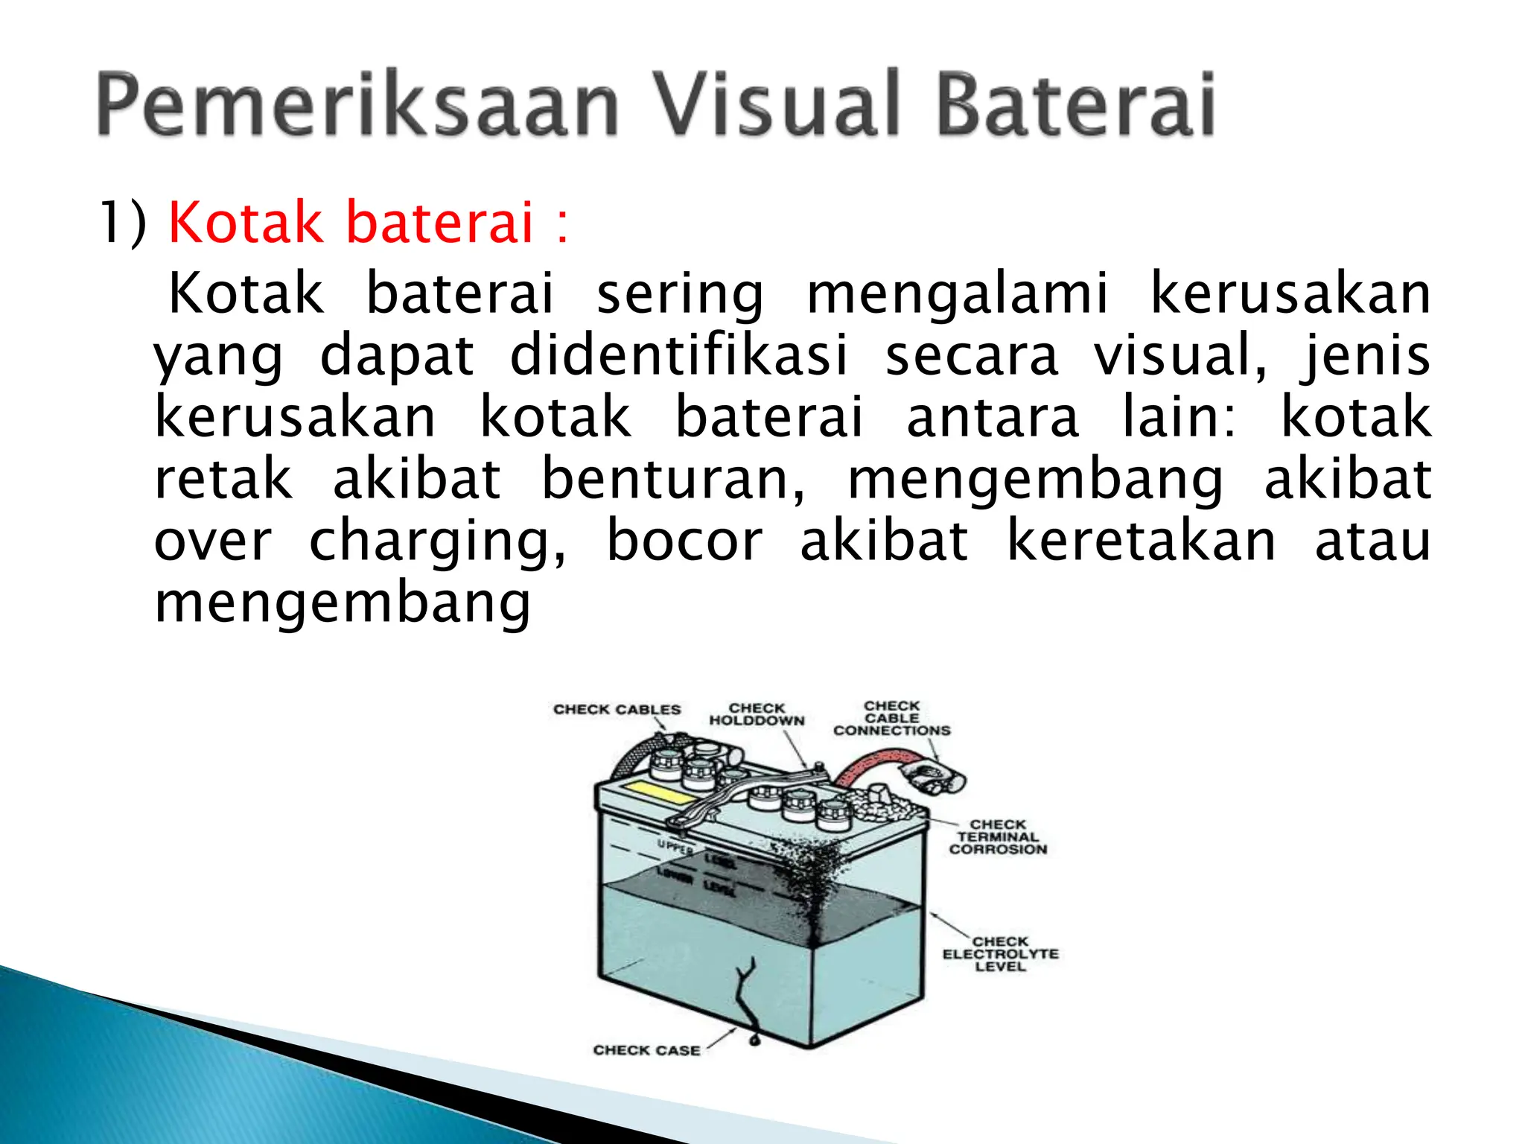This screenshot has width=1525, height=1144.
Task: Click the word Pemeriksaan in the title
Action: (357, 104)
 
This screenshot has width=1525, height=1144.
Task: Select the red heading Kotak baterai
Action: (351, 223)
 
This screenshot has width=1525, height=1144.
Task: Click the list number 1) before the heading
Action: (123, 223)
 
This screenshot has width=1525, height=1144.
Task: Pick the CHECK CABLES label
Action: (617, 710)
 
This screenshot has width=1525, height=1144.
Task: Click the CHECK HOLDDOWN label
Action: (757, 714)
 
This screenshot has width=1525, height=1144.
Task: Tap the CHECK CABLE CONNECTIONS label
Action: (892, 719)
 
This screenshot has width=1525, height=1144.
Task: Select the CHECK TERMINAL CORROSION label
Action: (998, 837)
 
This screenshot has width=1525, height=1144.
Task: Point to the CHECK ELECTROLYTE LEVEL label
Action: (1000, 954)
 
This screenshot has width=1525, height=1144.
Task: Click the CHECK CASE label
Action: (646, 1050)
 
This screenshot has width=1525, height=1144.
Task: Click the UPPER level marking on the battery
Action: (675, 846)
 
